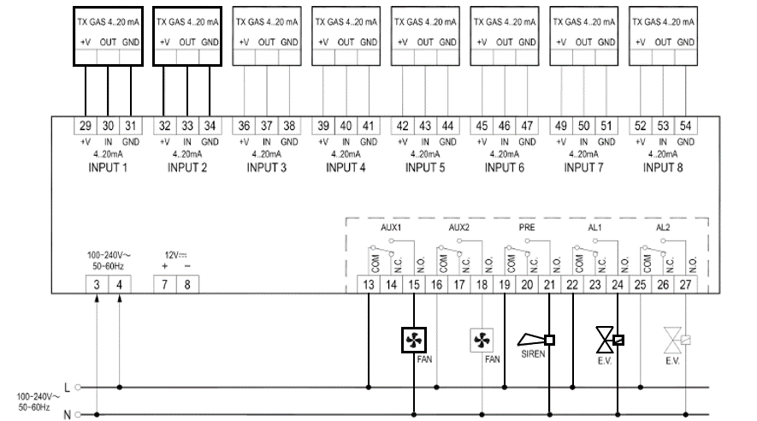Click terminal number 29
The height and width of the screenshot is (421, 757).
pos(86,125)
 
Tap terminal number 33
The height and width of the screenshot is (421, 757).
pos(187,125)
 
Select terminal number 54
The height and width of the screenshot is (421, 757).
pos(685,125)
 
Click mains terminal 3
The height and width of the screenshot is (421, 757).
pos(98,283)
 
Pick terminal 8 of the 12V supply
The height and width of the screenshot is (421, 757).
pos(187,283)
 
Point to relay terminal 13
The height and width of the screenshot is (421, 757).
pos(369,283)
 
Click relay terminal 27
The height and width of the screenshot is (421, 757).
pos(685,283)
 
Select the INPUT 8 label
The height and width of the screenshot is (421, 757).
pos(663,168)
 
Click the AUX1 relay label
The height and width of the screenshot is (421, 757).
pos(391,229)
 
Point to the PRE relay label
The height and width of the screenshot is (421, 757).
pos(527,229)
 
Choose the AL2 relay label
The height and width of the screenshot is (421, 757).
pos(663,229)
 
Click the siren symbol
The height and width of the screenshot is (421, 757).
pos(536,341)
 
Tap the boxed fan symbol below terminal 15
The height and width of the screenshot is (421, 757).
pos(414,340)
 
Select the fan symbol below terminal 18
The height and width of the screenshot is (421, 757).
pos(482,341)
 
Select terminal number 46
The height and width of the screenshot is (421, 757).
pos(505,125)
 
